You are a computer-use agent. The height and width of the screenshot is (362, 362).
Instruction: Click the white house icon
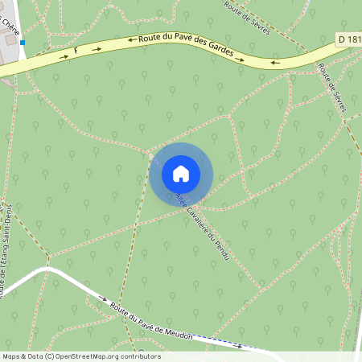pyautogui.click(x=181, y=174)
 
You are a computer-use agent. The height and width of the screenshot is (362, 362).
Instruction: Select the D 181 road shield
pyautogui.click(x=347, y=39)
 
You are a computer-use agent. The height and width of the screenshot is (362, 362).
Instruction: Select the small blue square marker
pyautogui.click(x=23, y=42)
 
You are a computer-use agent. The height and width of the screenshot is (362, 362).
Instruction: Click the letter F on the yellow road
pyautogui.click(x=76, y=51)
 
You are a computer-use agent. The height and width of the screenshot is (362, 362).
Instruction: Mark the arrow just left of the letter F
pyautogui.click(x=64, y=57)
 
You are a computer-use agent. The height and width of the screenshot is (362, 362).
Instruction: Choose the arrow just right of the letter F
pyautogui.click(x=97, y=48)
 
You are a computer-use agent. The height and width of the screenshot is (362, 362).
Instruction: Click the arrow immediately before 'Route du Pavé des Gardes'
pyautogui.click(x=130, y=39)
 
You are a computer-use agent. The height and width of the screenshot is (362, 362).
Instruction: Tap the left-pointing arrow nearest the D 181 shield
pyautogui.click(x=275, y=62)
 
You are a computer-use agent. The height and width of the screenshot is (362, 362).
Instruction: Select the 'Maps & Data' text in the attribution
pyautogui.click(x=22, y=356)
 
